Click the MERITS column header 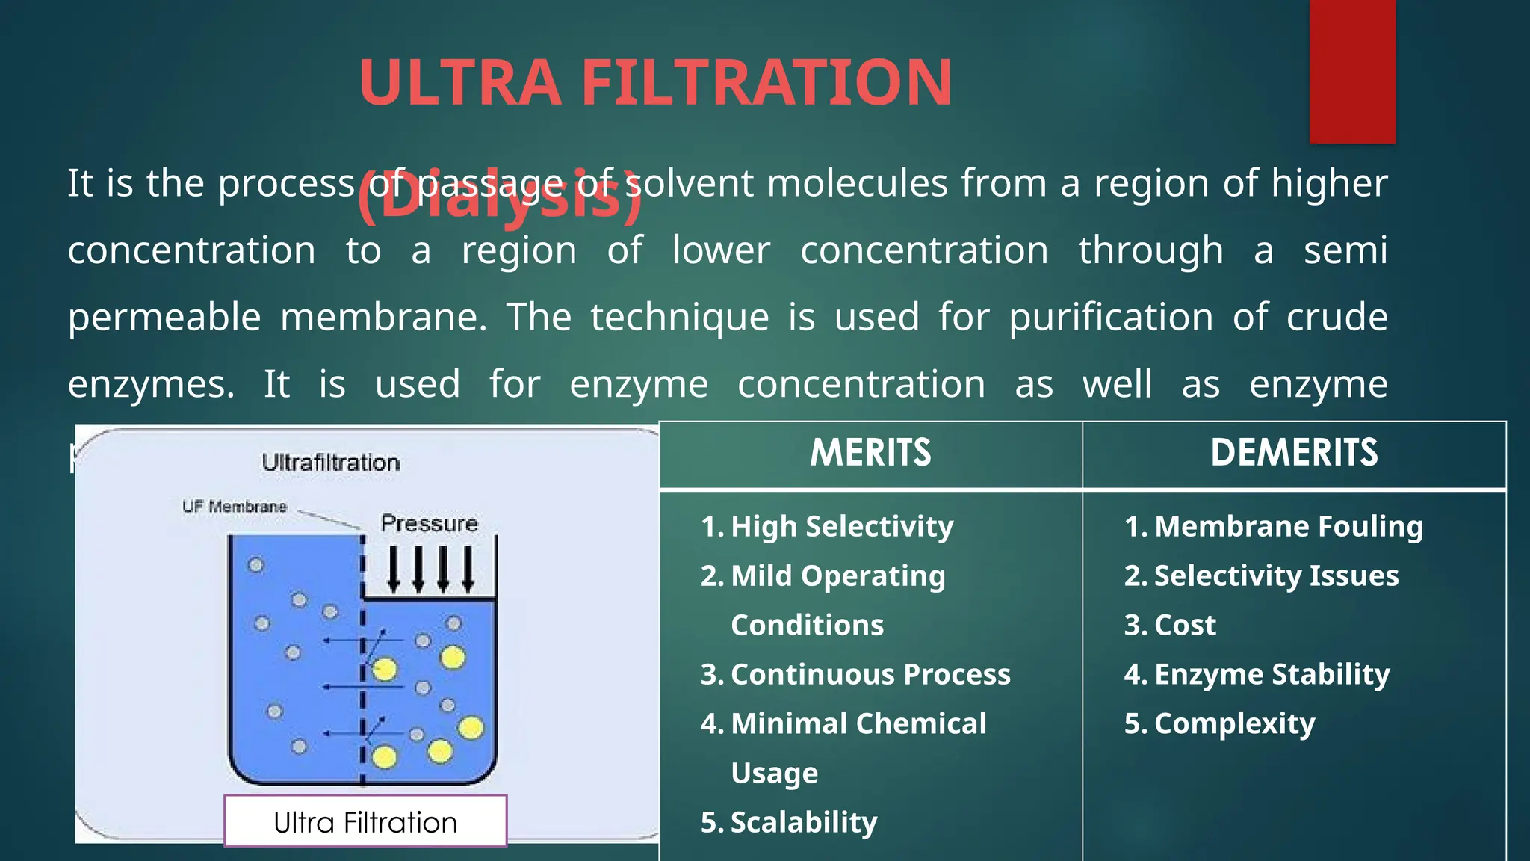click(870, 453)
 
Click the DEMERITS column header click(1294, 453)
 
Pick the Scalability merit click(803, 823)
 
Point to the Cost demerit click(1185, 626)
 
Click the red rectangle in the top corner click(1352, 71)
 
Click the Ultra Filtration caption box click(365, 822)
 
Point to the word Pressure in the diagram click(429, 523)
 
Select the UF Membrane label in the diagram click(235, 507)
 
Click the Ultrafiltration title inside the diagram click(331, 463)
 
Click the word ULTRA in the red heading click(459, 82)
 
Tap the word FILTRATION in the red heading click(766, 82)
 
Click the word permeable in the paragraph click(164, 318)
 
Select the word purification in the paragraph click(1111, 318)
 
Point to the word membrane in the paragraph click(383, 318)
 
